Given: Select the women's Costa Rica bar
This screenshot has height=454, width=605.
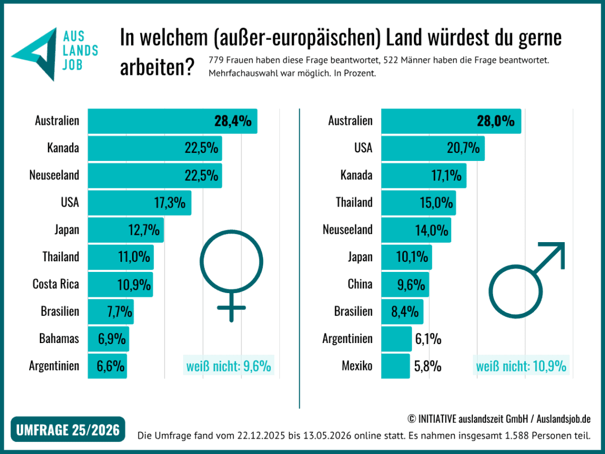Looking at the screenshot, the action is point(120,285).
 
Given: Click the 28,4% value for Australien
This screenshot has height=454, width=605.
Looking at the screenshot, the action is point(233,121).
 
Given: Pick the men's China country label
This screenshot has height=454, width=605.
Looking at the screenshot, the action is point(360,284).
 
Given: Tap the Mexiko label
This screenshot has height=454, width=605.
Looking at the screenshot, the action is point(357,366).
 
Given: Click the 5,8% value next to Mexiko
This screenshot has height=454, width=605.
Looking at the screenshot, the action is point(428,366).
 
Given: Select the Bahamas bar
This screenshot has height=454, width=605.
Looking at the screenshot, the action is point(108,339).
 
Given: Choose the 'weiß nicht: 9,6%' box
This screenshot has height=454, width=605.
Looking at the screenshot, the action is point(229,366).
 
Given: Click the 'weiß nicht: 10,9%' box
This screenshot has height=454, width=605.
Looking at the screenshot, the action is point(521,366).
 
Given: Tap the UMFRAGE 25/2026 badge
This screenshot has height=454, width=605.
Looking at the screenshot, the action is point(68,429).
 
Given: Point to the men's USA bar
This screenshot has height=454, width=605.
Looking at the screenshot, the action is point(433,148).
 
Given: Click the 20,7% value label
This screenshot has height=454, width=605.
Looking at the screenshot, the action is point(463,148).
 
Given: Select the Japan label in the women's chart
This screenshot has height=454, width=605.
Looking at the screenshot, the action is point(67,230).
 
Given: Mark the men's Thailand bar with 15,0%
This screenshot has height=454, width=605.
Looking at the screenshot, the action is point(419,203).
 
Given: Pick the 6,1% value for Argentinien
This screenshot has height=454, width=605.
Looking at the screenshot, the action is point(428,339).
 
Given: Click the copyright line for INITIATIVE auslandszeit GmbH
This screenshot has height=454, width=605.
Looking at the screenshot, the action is point(499,419).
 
